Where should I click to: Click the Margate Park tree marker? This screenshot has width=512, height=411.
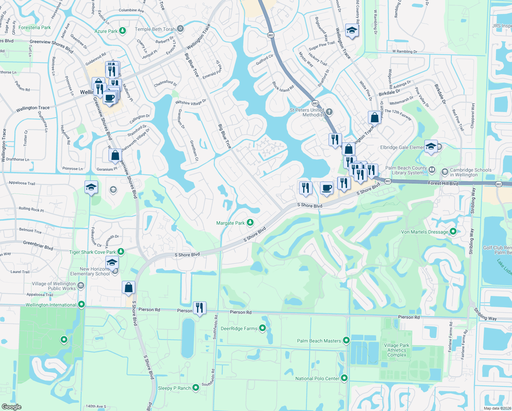(250, 223)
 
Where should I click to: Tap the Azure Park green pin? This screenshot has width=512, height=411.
(122, 31)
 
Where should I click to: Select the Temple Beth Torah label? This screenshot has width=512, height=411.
(155, 29)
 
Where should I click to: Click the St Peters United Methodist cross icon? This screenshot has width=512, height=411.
(329, 112)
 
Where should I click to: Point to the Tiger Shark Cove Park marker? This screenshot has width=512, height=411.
(120, 252)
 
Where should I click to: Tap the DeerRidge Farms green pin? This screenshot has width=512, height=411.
(263, 328)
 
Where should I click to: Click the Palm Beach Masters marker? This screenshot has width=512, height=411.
(346, 340)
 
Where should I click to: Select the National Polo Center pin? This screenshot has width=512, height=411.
(344, 378)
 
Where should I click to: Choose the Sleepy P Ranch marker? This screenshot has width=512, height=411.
(196, 388)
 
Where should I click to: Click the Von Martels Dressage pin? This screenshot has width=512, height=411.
(453, 232)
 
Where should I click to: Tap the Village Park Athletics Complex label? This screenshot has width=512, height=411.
(397, 350)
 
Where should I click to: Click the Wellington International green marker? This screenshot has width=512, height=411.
(81, 304)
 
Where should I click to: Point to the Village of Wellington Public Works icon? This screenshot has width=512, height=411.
(81, 285)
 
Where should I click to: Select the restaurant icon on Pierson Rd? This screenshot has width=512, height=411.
(200, 307)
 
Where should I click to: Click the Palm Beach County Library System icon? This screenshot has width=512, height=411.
(432, 169)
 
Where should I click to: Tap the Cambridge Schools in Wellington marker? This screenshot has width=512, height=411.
(445, 172)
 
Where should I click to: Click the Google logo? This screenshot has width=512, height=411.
(11, 407)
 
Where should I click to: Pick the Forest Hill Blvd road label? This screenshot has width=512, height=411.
(443, 183)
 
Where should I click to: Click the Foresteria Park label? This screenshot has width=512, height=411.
(35, 27)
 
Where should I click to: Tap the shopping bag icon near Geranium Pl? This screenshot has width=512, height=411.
(115, 155)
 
